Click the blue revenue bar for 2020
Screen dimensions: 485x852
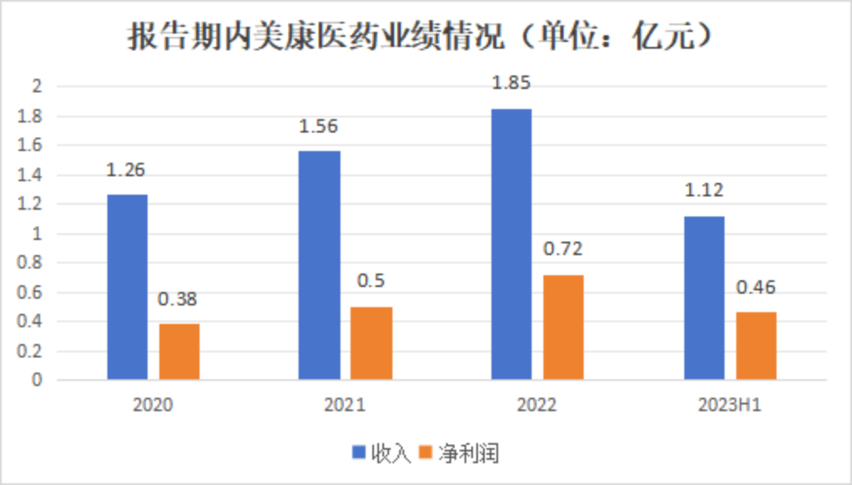tap(127, 287)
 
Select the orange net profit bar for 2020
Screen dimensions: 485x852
tap(179, 352)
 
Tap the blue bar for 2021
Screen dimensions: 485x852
tap(319, 265)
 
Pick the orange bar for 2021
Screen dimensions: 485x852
tap(371, 343)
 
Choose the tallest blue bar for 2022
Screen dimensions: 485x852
tap(511, 244)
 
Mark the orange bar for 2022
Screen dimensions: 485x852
tap(563, 327)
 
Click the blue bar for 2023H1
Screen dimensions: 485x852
tap(704, 298)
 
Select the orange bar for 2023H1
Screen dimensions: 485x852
tap(756, 346)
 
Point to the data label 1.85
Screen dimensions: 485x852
tap(512, 83)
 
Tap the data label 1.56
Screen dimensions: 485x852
tap(319, 127)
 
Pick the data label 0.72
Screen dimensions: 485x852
tap(564, 249)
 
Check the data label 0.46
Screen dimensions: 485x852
tap(756, 288)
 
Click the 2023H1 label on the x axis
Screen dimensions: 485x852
tap(730, 405)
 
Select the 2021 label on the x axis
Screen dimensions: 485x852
tap(345, 405)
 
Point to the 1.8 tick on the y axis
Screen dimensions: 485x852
tap(30, 116)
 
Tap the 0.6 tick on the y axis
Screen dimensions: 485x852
tap(30, 292)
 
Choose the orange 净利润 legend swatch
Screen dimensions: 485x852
tap(424, 453)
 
